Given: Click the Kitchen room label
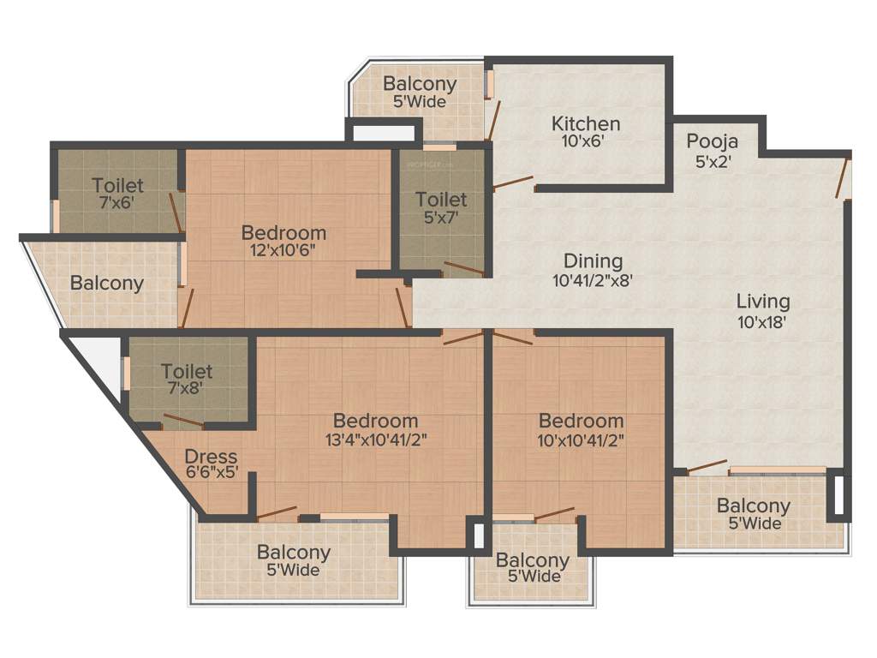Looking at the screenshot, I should pyautogui.click(x=586, y=123).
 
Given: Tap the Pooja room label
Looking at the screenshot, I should pyautogui.click(x=713, y=141).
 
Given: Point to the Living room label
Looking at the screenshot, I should pyautogui.click(x=763, y=302).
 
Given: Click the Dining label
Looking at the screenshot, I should pyautogui.click(x=593, y=261).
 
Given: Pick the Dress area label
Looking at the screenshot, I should pyautogui.click(x=211, y=457).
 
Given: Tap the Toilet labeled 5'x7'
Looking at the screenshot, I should pyautogui.click(x=441, y=200).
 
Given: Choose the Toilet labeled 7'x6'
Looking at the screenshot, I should pyautogui.click(x=118, y=185).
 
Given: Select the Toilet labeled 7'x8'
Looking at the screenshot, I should pyautogui.click(x=187, y=372).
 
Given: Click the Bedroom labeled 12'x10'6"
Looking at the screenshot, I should pyautogui.click(x=283, y=232).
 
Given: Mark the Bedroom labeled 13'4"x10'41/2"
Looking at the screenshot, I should pyautogui.click(x=375, y=421).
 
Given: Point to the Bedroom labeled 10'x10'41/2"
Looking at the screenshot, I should pyautogui.click(x=581, y=421).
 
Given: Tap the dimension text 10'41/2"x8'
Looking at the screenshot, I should pyautogui.click(x=593, y=280).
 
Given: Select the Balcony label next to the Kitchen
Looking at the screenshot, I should pyautogui.click(x=420, y=85).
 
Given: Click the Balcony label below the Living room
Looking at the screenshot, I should pyautogui.click(x=754, y=505).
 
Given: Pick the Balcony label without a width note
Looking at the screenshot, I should pyautogui.click(x=107, y=283).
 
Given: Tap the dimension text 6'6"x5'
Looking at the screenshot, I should pyautogui.click(x=211, y=472).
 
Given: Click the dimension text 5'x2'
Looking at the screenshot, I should pyautogui.click(x=713, y=160).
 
